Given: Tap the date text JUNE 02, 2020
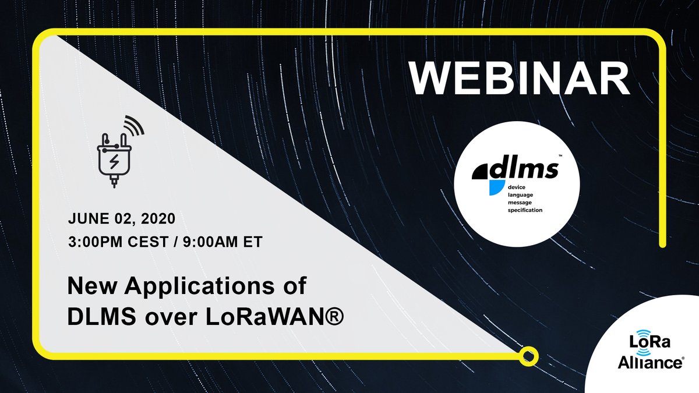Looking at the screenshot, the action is [122, 218].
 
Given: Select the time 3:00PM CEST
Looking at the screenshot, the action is [119, 242].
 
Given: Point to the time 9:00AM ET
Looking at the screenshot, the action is [223, 242].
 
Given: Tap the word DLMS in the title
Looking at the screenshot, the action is [102, 317].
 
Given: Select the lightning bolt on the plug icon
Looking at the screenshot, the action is [114, 162].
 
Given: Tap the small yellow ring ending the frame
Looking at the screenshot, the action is [529, 356].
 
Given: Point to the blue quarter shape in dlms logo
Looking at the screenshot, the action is [497, 187].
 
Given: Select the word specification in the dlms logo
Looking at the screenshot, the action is [525, 210].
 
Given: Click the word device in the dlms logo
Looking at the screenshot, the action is [517, 187].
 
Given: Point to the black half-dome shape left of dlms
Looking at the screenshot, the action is [481, 172].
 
